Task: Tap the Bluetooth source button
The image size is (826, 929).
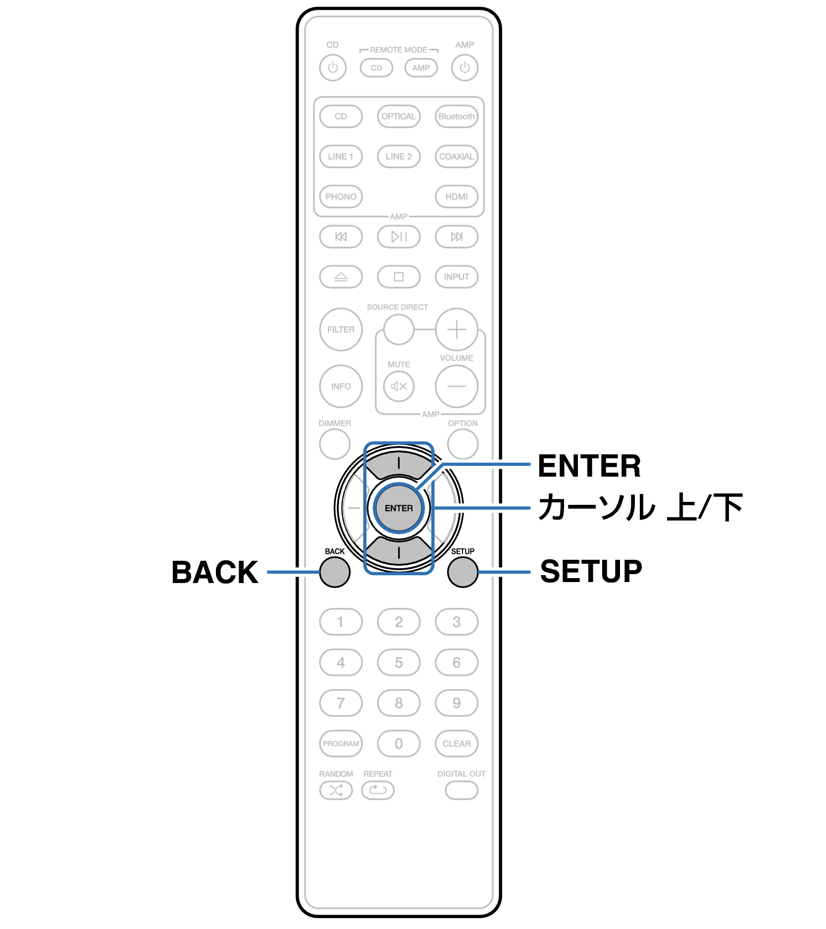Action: click(456, 116)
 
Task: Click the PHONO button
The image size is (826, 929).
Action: click(341, 196)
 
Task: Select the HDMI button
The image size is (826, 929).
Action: click(456, 196)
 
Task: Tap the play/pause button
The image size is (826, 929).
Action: click(399, 237)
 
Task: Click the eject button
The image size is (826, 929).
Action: click(341, 277)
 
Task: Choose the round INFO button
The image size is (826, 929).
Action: click(341, 386)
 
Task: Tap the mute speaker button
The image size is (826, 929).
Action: click(399, 386)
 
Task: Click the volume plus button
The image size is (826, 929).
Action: click(457, 329)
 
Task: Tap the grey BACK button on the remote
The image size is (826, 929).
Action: click(335, 572)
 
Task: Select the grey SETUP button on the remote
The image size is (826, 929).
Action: click(463, 572)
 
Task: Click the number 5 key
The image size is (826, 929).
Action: click(399, 662)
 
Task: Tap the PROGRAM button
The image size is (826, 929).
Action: click(341, 743)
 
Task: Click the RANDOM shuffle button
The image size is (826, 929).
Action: click(336, 790)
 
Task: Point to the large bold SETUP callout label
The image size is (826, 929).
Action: click(591, 572)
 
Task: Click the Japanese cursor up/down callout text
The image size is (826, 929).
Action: click(640, 507)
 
